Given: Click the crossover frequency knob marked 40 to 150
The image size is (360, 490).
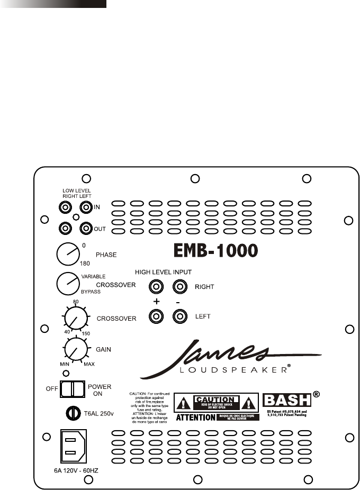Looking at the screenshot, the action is (x=76, y=319).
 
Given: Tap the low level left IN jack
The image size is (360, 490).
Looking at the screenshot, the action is (x=85, y=207).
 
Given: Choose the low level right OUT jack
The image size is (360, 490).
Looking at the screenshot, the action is (x=66, y=228).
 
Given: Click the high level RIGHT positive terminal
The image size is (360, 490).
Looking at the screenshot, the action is (x=156, y=287).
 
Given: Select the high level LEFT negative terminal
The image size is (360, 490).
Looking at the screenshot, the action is (x=180, y=317).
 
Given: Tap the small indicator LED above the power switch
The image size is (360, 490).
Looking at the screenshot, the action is (x=65, y=374).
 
